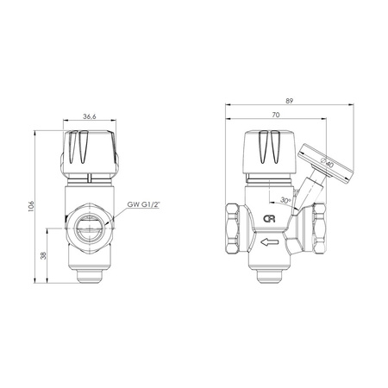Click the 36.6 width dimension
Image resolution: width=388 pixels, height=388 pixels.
point(90,116)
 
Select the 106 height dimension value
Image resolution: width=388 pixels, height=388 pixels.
point(31,206)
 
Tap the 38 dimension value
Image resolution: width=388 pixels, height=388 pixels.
point(43,255)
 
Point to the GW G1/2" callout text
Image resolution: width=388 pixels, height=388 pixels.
point(143,204)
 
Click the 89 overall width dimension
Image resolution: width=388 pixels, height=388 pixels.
point(290,101)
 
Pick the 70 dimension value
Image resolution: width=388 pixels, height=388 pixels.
point(276,115)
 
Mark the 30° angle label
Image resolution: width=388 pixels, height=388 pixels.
point(285,200)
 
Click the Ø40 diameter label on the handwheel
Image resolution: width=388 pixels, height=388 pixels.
point(327,163)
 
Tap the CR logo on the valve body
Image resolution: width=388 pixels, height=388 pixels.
point(269,219)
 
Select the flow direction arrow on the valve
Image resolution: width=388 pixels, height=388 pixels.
point(270,242)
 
